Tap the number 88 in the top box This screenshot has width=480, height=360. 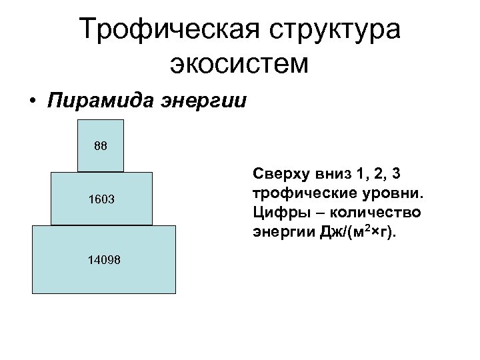pyautogui.click(x=100, y=145)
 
